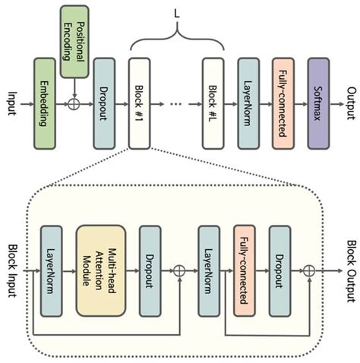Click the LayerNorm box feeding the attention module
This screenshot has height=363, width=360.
point(51,270)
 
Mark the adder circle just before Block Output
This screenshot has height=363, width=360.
point(309,270)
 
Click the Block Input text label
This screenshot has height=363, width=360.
point(11,270)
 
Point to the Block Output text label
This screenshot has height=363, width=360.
point(351,270)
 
